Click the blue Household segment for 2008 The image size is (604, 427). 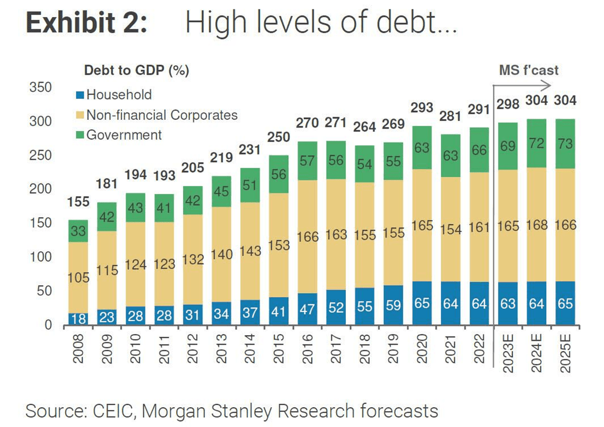[78, 319]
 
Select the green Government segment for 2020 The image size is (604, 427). [422, 148]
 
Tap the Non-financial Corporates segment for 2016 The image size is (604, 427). [307, 237]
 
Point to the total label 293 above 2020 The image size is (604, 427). [422, 108]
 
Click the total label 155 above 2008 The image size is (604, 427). [78, 202]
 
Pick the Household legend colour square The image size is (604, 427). [80, 95]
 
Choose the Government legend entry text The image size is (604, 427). [124, 135]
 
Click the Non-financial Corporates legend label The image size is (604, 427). [162, 115]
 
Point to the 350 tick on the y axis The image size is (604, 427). [41, 87]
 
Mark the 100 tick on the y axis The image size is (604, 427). [41, 257]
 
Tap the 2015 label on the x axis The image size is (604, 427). [278, 348]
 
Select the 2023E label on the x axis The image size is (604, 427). [508, 353]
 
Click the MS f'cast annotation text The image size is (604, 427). [528, 70]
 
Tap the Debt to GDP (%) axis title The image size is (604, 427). [136, 70]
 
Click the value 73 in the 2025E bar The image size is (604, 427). [565, 144]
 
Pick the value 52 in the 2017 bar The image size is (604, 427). [336, 307]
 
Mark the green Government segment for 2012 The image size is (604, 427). [193, 201]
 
